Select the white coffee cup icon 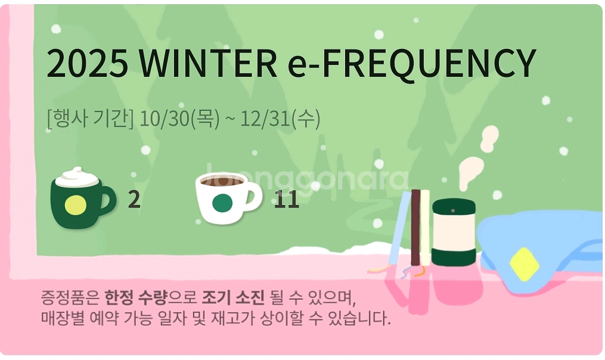(x=225, y=198)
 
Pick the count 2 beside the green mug (x=134, y=200)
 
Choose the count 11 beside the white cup (x=286, y=200)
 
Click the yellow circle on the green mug (x=76, y=205)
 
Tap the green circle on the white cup (x=222, y=204)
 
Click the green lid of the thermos (x=454, y=207)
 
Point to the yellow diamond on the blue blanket (x=525, y=263)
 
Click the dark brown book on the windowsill (x=415, y=226)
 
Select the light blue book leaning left (x=399, y=226)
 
